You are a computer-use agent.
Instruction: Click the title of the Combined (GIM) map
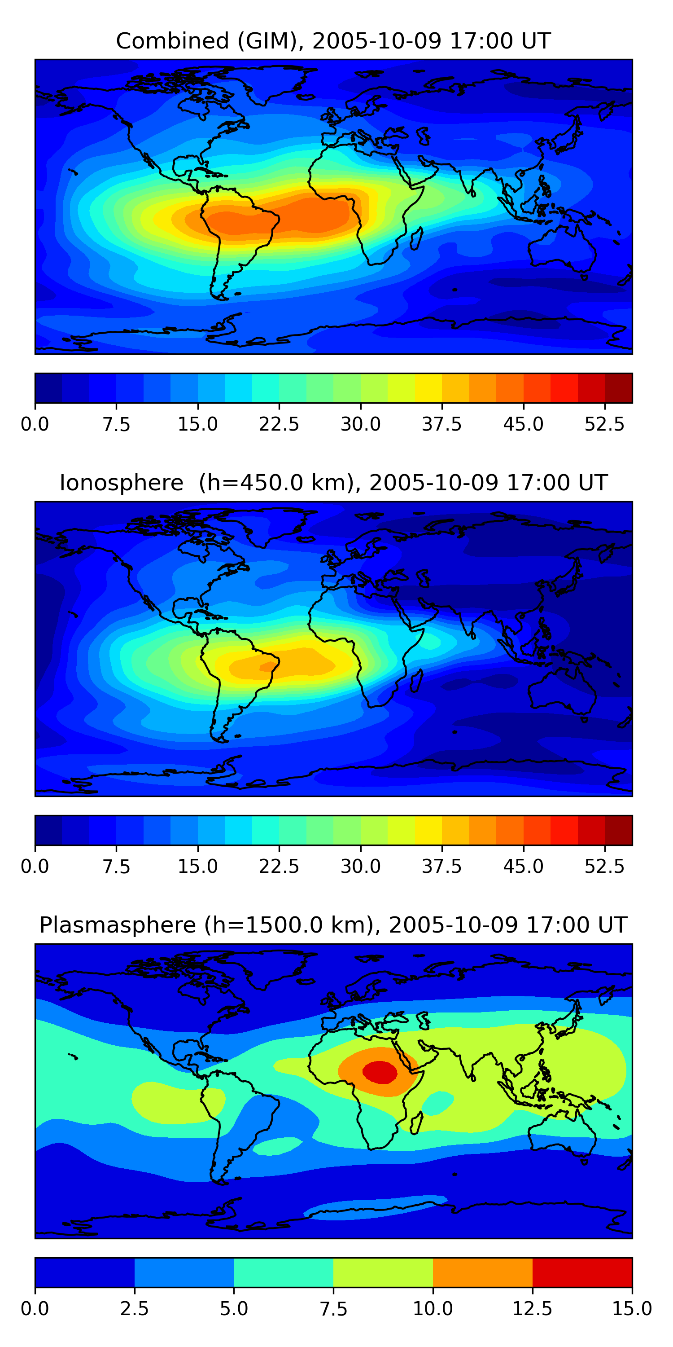[x=333, y=41]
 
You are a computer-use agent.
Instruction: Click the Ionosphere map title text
[x=333, y=483]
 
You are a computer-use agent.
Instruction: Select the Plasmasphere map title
[x=333, y=925]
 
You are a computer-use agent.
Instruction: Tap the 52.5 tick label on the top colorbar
[x=604, y=424]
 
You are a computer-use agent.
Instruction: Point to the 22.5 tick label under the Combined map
[x=279, y=424]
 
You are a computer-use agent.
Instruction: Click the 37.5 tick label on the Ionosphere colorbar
[x=441, y=867]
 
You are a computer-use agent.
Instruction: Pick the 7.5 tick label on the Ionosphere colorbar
[x=116, y=867]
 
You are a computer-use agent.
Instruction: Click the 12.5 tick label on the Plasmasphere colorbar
[x=533, y=1308]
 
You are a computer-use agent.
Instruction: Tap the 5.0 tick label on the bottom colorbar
[x=234, y=1308]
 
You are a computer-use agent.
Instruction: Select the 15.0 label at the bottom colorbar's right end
[x=632, y=1308]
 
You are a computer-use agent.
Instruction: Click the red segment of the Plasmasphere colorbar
[x=582, y=1272]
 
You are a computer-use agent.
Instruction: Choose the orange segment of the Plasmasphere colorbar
[x=482, y=1272]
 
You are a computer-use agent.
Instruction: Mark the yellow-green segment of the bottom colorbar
[x=383, y=1272]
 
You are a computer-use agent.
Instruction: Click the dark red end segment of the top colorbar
[x=619, y=388]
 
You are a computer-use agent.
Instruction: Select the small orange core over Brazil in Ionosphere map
[x=268, y=666]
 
